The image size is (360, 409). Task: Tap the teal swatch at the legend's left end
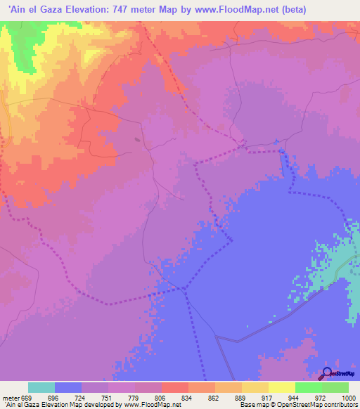point(41,387)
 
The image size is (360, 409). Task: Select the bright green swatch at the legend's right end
point(335,387)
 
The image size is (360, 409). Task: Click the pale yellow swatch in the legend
point(281,387)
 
